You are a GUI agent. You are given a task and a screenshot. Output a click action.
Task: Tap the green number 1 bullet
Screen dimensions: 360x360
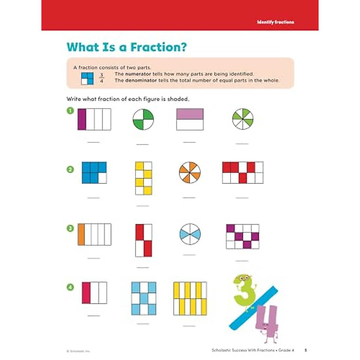tap(70, 111)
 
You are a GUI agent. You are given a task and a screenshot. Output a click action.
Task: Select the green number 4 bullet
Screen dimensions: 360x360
tap(70, 287)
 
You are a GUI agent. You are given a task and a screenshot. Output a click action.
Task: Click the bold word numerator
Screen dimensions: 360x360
tap(138, 74)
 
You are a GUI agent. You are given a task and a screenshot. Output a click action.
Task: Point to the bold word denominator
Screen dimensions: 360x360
tap(141, 80)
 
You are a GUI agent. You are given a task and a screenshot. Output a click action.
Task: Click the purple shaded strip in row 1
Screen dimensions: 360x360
tap(82, 119)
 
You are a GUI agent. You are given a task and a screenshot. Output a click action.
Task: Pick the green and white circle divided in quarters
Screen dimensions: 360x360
tap(143, 119)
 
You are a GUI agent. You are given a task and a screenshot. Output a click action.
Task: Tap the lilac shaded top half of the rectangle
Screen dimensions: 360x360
tap(190, 114)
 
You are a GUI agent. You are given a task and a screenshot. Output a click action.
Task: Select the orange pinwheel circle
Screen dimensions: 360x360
tap(190, 173)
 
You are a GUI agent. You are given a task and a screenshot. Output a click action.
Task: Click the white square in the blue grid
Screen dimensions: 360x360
tap(102, 178)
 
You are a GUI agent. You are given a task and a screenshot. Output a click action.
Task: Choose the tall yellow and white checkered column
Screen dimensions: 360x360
tap(143, 178)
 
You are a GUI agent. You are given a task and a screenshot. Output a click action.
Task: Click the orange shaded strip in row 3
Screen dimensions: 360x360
tap(81, 234)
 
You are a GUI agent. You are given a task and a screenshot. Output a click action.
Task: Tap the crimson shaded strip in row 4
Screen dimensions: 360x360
tap(86, 292)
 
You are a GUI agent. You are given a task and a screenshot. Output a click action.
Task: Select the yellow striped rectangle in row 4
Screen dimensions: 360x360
tap(190, 298)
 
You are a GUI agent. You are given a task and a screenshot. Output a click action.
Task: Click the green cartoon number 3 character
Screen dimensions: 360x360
tap(244, 291)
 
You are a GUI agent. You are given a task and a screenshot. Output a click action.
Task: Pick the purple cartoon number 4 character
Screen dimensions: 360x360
tap(266, 322)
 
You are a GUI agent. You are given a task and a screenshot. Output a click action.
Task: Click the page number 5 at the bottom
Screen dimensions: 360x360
tap(306, 350)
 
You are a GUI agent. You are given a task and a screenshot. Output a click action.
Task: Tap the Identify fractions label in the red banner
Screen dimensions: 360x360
tap(275, 22)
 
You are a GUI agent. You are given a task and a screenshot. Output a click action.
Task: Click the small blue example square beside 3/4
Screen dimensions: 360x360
tap(87, 78)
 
